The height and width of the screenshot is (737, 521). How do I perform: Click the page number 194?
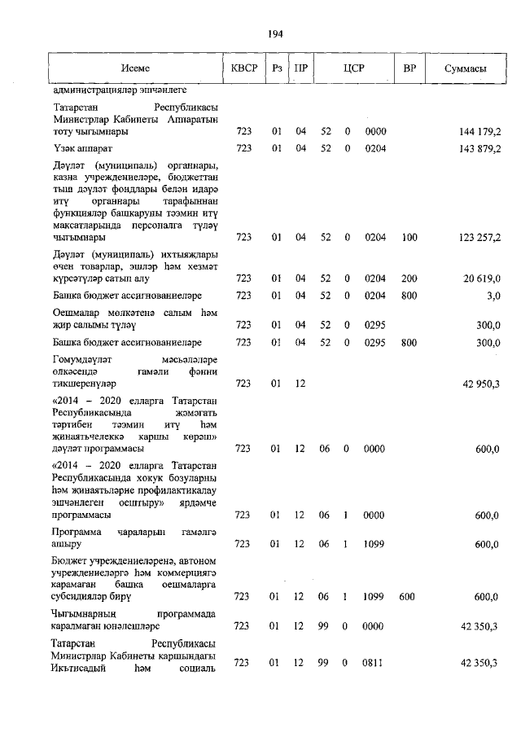pyautogui.click(x=274, y=33)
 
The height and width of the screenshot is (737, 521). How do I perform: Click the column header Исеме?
pyautogui.click(x=135, y=69)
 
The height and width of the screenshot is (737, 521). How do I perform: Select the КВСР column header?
pyautogui.click(x=243, y=69)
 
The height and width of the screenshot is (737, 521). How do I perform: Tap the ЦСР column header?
pyautogui.click(x=352, y=69)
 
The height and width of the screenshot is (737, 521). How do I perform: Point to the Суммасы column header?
pyautogui.click(x=466, y=69)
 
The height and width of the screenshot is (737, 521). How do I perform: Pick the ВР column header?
pyautogui.click(x=409, y=69)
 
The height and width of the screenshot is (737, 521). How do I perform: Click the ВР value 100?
pyautogui.click(x=409, y=237)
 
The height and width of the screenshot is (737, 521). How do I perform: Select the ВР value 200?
pyautogui.click(x=409, y=278)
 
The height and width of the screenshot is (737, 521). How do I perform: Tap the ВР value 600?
pyautogui.click(x=407, y=597)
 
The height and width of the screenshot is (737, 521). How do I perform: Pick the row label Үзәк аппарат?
pyautogui.click(x=82, y=148)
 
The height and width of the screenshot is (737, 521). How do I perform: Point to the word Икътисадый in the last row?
pyautogui.click(x=77, y=669)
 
